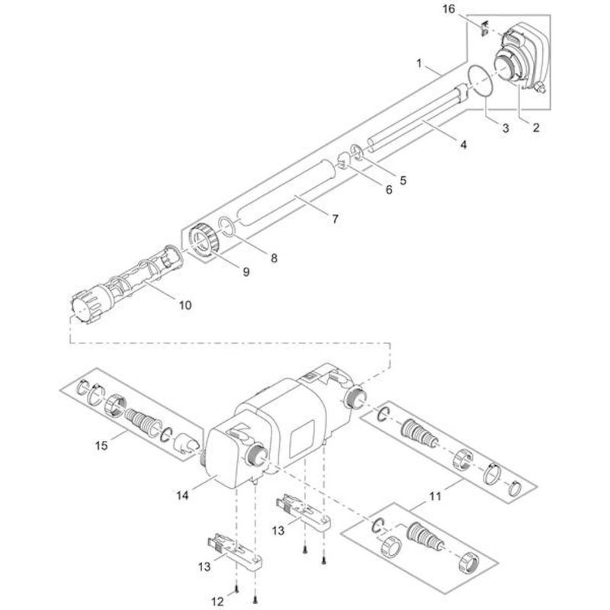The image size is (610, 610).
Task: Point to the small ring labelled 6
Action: (x=344, y=161)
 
